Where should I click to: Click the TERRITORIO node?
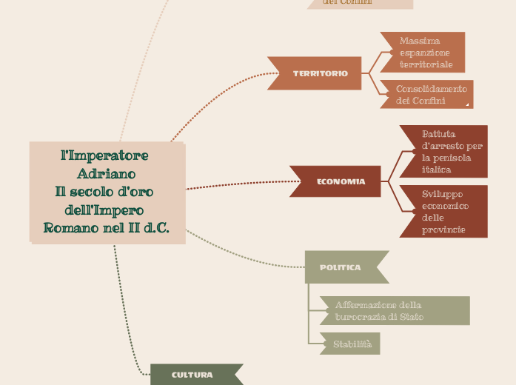tap(319, 73)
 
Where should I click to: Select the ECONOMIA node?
tap(341, 181)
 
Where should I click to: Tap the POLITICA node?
tap(341, 267)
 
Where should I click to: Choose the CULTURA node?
tap(193, 375)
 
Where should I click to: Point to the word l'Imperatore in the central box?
tap(104, 155)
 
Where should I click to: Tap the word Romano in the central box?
tap(72, 228)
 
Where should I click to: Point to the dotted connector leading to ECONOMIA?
tap(237, 185)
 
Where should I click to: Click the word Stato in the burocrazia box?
tap(412, 317)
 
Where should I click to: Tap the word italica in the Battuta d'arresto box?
tap(437, 170)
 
